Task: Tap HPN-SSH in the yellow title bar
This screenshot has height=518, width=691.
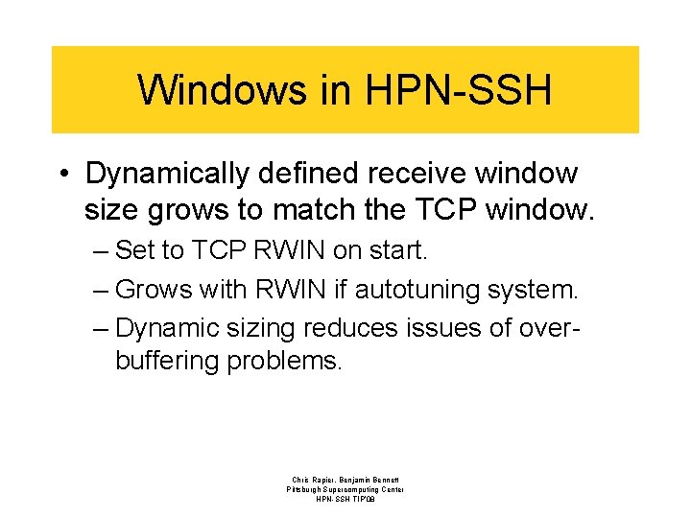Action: tap(459, 90)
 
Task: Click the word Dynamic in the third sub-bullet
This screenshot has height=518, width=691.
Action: tap(166, 327)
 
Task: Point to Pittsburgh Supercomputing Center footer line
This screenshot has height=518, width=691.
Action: tap(345, 489)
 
